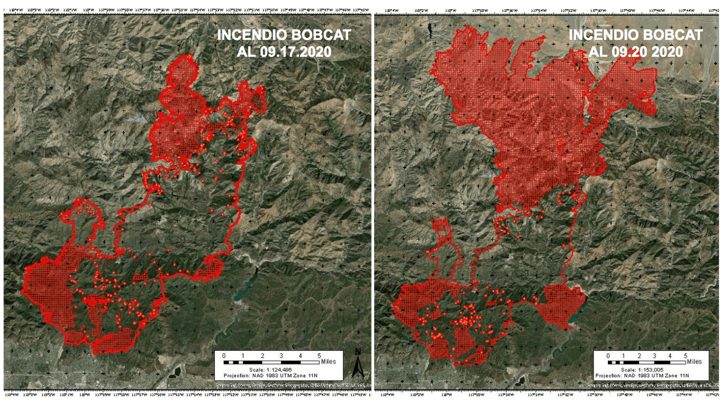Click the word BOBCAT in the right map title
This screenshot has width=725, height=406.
click(x=672, y=35)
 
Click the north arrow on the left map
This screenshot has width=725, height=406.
click(x=357, y=362)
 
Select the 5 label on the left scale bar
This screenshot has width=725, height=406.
click(x=318, y=355)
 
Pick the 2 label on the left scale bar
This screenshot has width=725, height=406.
click(x=262, y=355)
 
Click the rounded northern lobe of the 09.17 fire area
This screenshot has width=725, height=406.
click(x=184, y=74)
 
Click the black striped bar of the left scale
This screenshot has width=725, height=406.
click(x=272, y=361)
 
